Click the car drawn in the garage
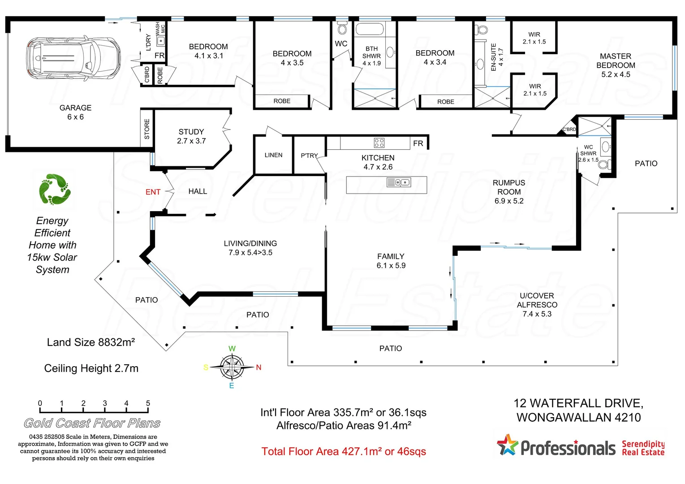point(73,58)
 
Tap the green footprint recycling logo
point(54,190)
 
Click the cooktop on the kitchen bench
point(379,143)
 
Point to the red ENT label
point(153,192)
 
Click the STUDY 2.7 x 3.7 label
point(191,136)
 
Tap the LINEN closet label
point(273,155)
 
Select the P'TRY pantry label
point(309,156)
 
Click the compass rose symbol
point(232,367)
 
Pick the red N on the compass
point(258,367)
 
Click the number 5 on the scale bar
point(148,403)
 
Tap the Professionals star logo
point(507,445)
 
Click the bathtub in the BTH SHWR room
point(369,30)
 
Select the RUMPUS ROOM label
point(509,192)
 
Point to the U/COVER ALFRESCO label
point(537,305)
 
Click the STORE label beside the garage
point(147,129)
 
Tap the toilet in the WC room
point(342,30)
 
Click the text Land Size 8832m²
point(91,342)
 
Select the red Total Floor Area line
point(344,451)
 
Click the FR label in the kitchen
point(418,143)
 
